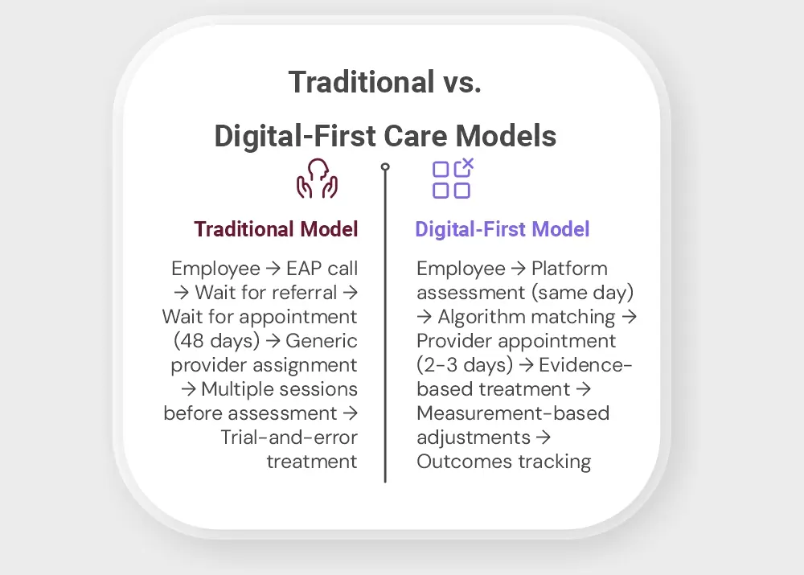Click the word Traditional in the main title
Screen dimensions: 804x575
[362, 82]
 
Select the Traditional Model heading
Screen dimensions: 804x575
[276, 229]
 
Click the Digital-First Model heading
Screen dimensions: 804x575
[502, 229]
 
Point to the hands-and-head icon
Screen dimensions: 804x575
[317, 179]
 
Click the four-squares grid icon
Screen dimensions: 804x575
[452, 179]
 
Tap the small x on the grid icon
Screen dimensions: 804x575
[468, 164]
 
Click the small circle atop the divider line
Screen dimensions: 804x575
[385, 166]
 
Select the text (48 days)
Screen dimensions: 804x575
[216, 341]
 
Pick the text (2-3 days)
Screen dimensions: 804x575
[465, 365]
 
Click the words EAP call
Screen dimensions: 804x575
[322, 269]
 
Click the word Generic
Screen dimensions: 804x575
[321, 341]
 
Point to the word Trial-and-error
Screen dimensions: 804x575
[289, 437]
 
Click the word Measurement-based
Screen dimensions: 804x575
[513, 413]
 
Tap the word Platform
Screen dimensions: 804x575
[569, 269]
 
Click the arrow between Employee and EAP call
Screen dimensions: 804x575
[273, 269]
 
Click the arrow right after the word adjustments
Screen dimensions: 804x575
[543, 437]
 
